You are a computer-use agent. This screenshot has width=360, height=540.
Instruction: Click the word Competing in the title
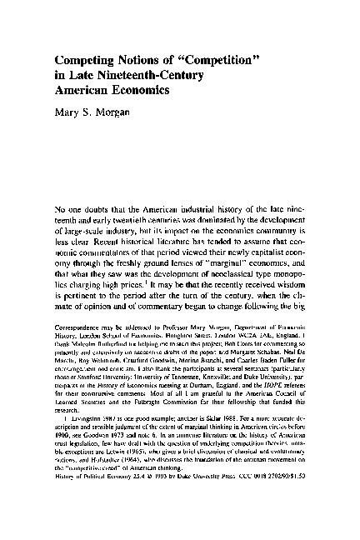(87, 60)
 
